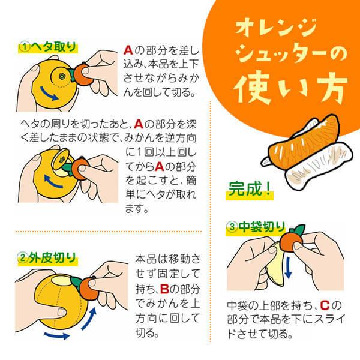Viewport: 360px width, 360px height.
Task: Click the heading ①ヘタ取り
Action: point(48,47)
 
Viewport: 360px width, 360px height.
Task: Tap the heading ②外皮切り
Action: point(47,258)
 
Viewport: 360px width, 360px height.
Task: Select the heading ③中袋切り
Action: point(256,227)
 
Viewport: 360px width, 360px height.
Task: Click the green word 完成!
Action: point(250,189)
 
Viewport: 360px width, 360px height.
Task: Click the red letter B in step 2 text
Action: point(164,289)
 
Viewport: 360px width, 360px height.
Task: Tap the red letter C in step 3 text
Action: point(325,305)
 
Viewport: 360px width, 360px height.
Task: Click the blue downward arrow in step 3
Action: point(288,268)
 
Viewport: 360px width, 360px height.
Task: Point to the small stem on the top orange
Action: point(61,76)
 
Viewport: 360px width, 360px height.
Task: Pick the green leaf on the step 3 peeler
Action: point(298,230)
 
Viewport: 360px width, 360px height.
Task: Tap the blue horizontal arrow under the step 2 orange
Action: point(57,335)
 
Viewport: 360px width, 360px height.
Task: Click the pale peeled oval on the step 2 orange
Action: point(62,281)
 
